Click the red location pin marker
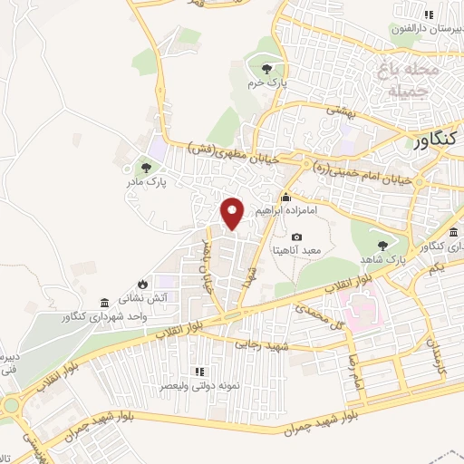click(233, 212)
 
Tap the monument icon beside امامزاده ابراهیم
click(285, 198)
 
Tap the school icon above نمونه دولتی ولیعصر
click(200, 372)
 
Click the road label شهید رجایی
click(260, 343)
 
